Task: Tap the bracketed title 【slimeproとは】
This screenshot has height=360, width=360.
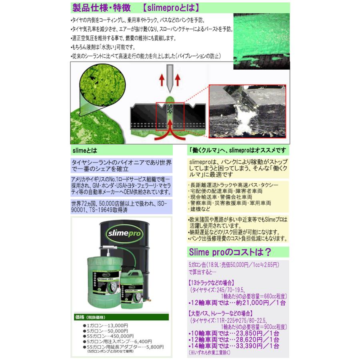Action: [171, 8]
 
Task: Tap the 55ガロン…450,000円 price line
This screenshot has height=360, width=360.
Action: [108, 336]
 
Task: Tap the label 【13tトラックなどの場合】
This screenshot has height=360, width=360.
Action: [212, 282]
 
